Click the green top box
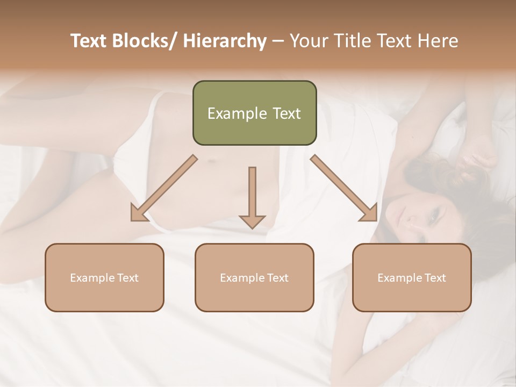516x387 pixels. [254, 113]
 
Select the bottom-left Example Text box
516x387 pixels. [104, 277]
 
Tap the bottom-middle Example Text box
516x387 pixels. [254, 277]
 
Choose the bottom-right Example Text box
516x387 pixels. [412, 277]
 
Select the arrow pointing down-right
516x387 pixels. [344, 188]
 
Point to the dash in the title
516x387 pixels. [278, 41]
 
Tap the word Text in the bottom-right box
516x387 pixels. [434, 277]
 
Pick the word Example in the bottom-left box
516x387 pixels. [92, 277]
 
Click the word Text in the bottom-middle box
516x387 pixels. [277, 277]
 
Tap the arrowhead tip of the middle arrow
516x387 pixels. [252, 228]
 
